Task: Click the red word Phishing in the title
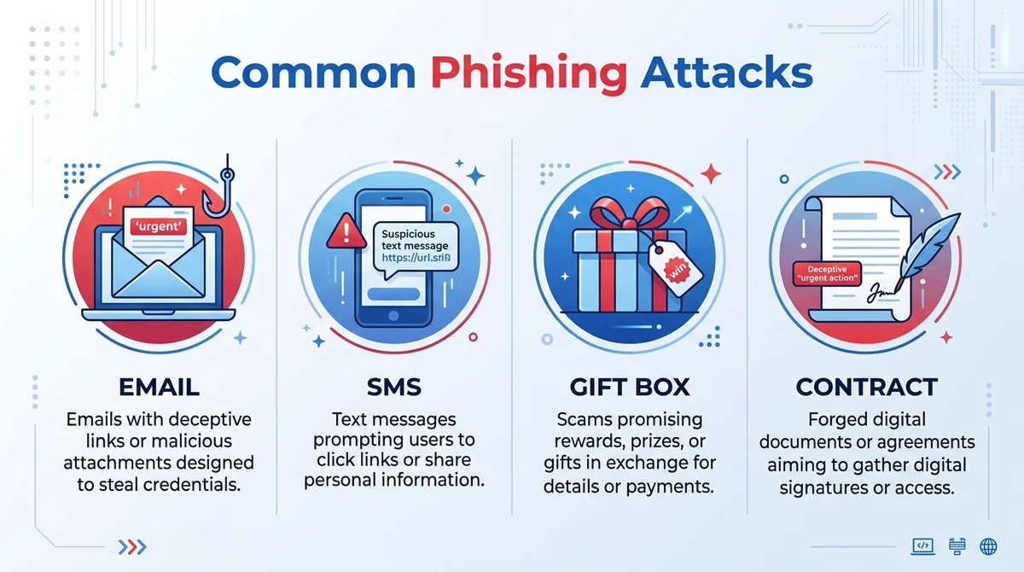[x=529, y=74]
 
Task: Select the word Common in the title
[x=314, y=73]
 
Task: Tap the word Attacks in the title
[x=726, y=72]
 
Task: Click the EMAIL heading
[x=159, y=387]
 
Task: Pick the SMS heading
[x=394, y=387]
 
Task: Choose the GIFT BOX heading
[x=630, y=387]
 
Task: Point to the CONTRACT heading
[x=867, y=387]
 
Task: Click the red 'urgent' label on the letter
[x=159, y=226]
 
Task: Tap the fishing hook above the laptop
[x=220, y=192]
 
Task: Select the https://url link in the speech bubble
[x=416, y=258]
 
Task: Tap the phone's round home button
[x=393, y=316]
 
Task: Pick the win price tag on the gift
[x=675, y=268]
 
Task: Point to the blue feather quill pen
[x=928, y=249]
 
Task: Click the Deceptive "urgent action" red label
[x=827, y=273]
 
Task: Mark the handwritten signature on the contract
[x=882, y=293]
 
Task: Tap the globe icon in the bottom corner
[x=988, y=546]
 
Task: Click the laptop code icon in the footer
[x=923, y=546]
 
